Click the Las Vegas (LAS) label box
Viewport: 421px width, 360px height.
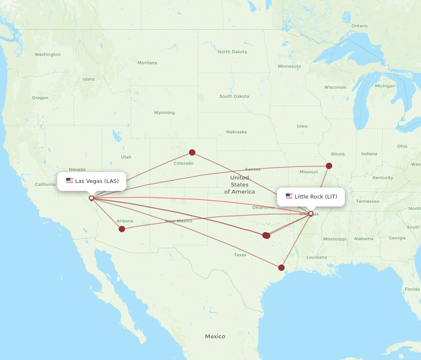92,181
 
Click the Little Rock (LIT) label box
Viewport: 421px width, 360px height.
311,196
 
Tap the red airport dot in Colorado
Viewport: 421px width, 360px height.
192,152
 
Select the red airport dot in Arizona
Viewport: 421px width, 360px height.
122,229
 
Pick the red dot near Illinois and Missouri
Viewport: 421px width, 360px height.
329,166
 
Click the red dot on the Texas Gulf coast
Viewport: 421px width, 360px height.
281,267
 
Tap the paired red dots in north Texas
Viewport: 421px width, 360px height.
266,236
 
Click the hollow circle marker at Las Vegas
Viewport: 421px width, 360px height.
91,198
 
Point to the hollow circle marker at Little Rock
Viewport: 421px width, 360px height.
311,214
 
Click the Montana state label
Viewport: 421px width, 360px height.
147,63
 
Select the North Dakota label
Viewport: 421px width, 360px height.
232,52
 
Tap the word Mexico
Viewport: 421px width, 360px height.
215,336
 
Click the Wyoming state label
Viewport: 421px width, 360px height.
164,113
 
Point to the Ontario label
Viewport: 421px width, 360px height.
359,26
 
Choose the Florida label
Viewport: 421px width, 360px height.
412,289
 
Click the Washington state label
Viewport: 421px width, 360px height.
48,55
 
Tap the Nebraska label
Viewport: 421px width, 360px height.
236,132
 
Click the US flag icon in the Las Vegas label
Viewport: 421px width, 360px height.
69,181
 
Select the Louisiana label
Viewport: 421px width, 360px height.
317,257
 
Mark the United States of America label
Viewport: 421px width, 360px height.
239,185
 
